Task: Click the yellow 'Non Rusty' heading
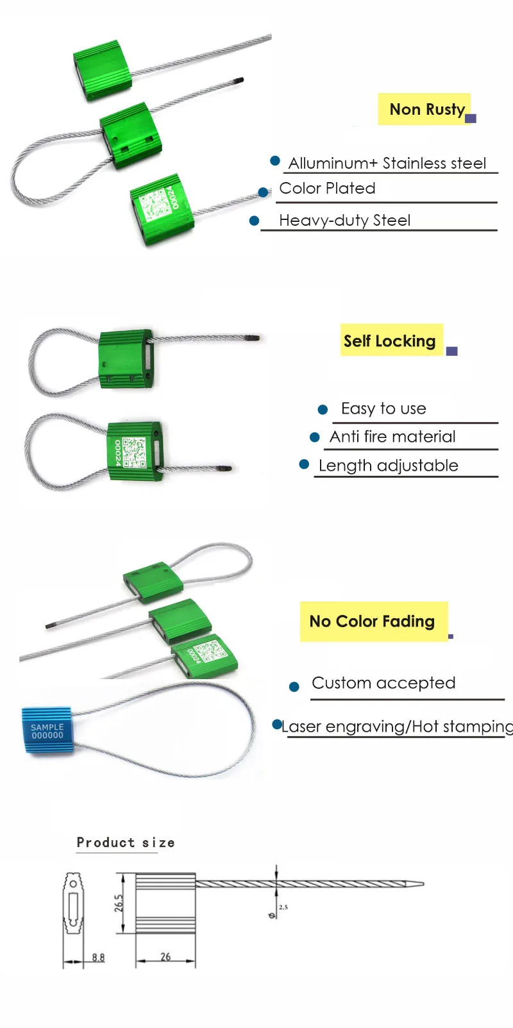click(x=426, y=110)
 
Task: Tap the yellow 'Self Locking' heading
click(x=390, y=341)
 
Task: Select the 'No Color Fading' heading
click(x=372, y=621)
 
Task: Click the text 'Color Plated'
click(x=327, y=189)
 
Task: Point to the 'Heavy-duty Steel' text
click(x=344, y=221)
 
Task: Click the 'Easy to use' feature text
click(x=383, y=409)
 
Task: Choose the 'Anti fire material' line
click(x=392, y=437)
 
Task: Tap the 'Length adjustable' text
click(x=388, y=466)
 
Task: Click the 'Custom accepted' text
click(x=383, y=683)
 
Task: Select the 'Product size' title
click(x=126, y=843)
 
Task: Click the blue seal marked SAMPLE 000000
click(x=47, y=731)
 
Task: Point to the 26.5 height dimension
click(x=119, y=904)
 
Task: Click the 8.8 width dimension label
click(x=98, y=957)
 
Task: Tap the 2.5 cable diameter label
click(x=283, y=907)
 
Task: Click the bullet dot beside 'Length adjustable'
click(x=305, y=464)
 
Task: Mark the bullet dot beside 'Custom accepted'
click(x=294, y=687)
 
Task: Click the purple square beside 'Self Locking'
click(x=451, y=351)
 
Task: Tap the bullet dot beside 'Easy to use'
click(x=323, y=409)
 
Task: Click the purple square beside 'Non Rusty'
click(x=471, y=118)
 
